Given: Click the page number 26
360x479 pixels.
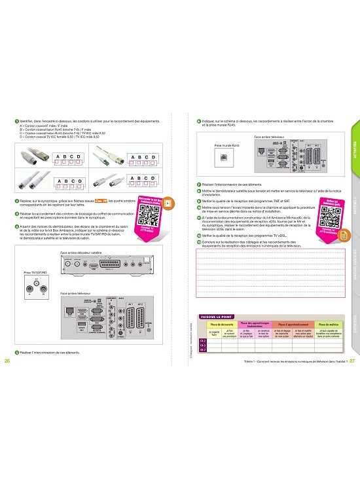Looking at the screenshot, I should tap(7, 360).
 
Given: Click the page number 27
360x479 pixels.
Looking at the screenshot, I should tap(352, 360).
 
